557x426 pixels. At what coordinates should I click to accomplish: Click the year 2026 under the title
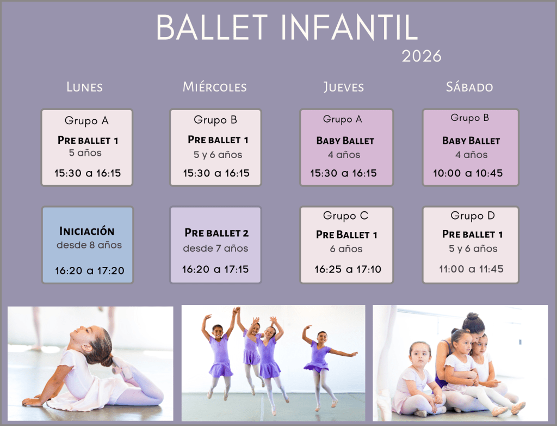(x=422, y=56)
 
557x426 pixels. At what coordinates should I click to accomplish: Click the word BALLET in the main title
(x=212, y=27)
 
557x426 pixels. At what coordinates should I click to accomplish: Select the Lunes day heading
(x=84, y=87)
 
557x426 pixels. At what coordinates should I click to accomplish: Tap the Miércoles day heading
(x=214, y=87)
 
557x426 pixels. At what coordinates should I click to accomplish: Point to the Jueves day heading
(x=344, y=87)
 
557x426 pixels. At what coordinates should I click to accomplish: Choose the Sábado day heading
(x=469, y=87)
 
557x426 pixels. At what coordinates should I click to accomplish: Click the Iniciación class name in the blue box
(x=86, y=231)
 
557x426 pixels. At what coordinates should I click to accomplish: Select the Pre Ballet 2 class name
(x=216, y=233)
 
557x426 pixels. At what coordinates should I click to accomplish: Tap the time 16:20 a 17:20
(x=90, y=271)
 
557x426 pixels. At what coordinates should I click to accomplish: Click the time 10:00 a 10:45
(x=468, y=173)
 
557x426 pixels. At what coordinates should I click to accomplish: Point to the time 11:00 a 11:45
(x=471, y=269)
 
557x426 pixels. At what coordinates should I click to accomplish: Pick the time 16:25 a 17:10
(x=348, y=270)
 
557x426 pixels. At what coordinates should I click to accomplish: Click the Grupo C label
(x=345, y=216)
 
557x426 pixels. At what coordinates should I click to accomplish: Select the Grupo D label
(x=473, y=216)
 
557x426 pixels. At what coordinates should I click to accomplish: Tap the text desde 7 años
(x=215, y=248)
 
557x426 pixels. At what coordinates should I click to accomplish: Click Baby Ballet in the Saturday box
(x=471, y=141)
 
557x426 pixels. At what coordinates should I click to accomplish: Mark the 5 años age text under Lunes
(x=85, y=153)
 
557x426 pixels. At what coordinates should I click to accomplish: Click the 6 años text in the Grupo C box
(x=346, y=249)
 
